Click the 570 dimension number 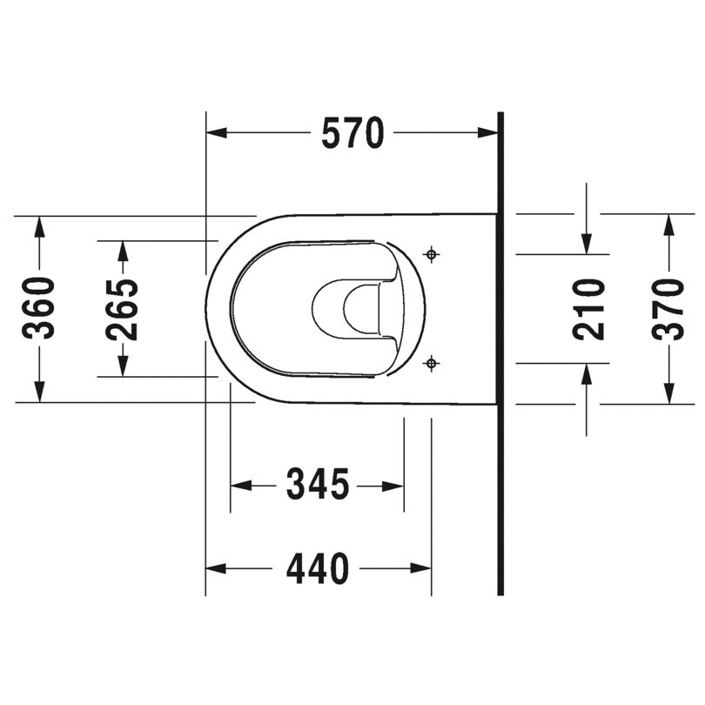coord(352,133)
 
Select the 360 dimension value coord(39,308)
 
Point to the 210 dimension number coord(588,308)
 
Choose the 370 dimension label coord(668,308)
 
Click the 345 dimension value coord(318,485)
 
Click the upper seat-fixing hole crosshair coord(431,254)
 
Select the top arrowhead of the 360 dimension coord(39,225)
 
